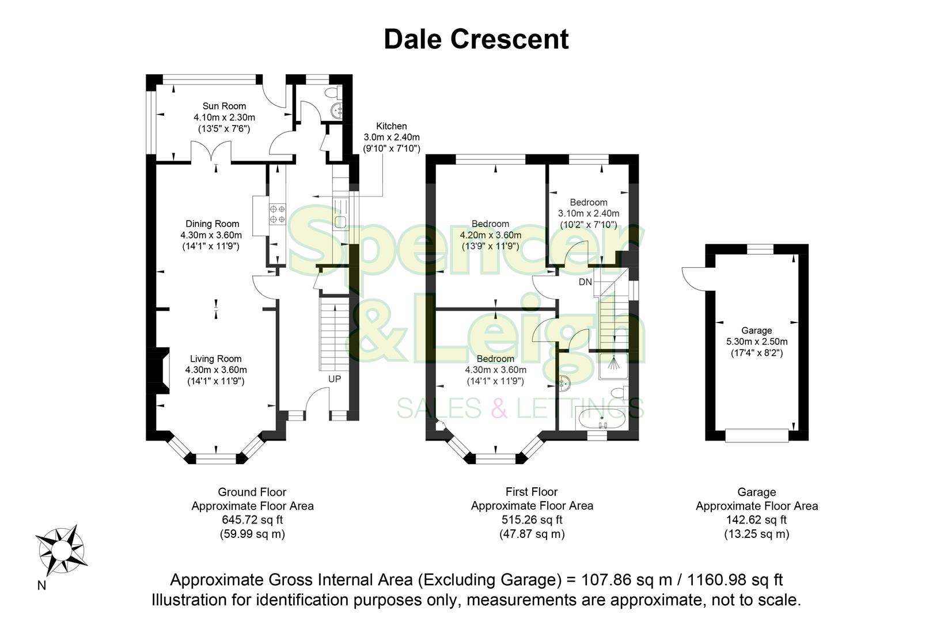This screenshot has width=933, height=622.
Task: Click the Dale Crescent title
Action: (x=476, y=40)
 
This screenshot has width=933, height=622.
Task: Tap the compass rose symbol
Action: (x=62, y=551)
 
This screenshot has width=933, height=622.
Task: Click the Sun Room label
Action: (x=224, y=106)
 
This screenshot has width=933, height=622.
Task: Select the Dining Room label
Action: (x=212, y=224)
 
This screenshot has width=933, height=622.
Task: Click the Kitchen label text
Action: (x=391, y=126)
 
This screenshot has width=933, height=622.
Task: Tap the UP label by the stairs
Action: (x=334, y=379)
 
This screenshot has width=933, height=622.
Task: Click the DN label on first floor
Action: (x=585, y=282)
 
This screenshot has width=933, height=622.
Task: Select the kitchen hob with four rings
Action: (x=277, y=214)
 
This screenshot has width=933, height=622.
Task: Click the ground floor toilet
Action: (x=332, y=92)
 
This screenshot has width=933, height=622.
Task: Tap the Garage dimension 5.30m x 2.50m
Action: (x=756, y=342)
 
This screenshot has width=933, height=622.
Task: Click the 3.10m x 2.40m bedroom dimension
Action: (x=588, y=214)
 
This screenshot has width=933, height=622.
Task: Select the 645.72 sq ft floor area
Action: (x=252, y=520)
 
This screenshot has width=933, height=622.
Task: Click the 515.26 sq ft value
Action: (x=532, y=520)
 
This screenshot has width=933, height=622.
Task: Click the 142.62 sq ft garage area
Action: (x=756, y=520)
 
